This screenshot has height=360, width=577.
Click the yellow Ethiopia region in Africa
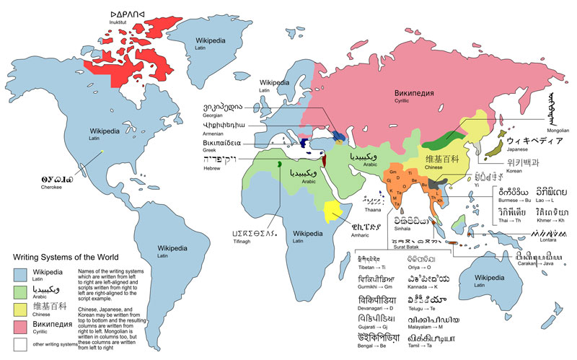(332, 211)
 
